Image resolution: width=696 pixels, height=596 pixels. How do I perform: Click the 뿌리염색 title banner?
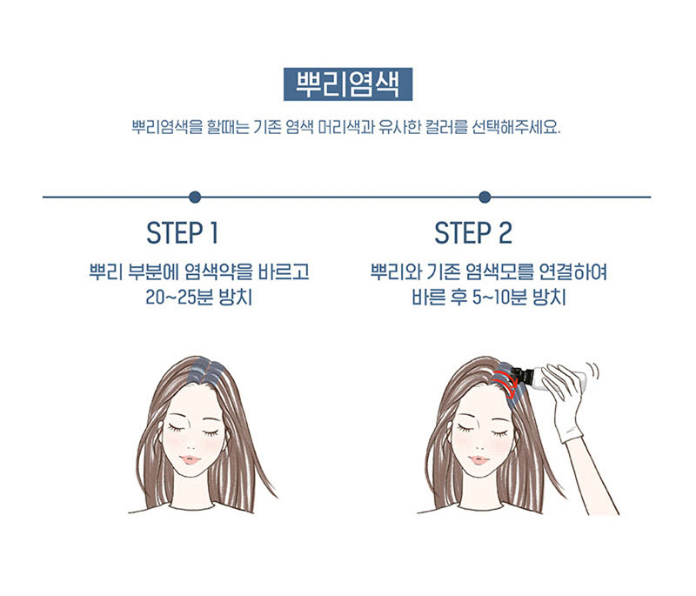(x=347, y=84)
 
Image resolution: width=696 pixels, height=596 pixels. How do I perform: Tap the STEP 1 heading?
(x=183, y=233)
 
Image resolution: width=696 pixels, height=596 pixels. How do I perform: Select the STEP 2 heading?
(x=473, y=233)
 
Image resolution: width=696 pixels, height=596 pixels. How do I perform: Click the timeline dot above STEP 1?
(x=195, y=197)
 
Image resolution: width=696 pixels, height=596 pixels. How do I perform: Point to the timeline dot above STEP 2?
(x=485, y=197)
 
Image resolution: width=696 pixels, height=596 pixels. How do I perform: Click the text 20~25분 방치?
(x=199, y=297)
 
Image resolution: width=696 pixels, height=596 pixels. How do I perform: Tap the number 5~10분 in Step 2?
(x=499, y=297)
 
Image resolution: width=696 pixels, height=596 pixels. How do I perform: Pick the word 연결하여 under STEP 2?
(x=572, y=271)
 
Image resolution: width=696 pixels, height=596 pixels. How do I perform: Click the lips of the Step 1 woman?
(x=191, y=459)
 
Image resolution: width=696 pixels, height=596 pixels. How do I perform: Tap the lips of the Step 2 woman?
(x=478, y=459)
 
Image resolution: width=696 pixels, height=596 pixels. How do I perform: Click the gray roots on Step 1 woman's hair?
(x=204, y=372)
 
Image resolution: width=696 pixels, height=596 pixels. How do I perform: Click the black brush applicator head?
(x=521, y=378)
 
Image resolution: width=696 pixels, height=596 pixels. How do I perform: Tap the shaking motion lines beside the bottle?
(x=592, y=371)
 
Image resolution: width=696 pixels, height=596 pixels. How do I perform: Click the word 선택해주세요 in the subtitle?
(x=516, y=127)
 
